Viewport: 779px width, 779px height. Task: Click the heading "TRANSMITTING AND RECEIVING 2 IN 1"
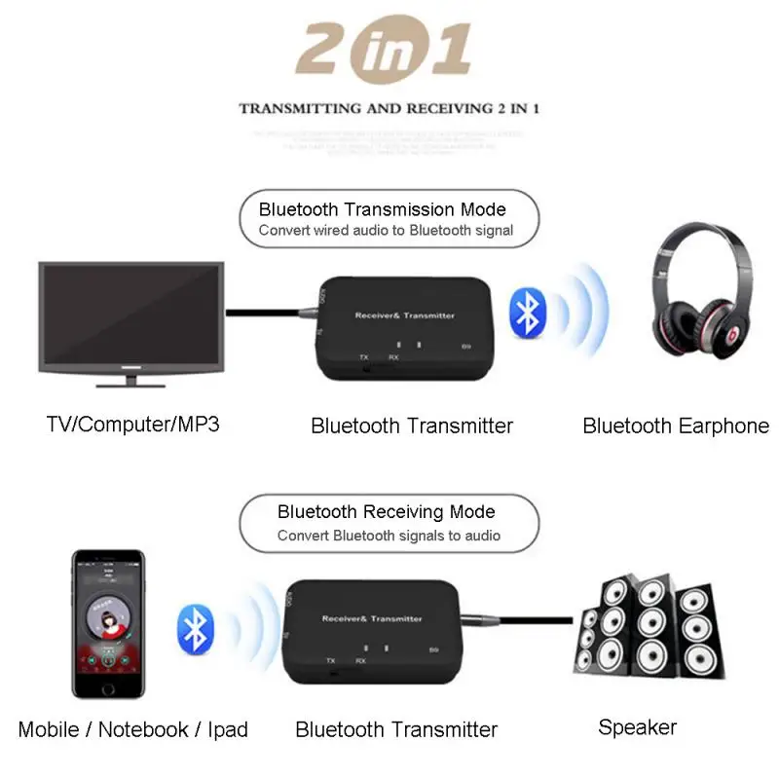(389, 108)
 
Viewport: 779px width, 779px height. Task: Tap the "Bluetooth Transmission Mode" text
(383, 209)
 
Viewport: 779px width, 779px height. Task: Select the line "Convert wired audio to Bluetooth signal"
(386, 231)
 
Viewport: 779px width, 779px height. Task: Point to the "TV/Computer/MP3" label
(132, 425)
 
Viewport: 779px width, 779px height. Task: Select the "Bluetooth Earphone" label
(676, 426)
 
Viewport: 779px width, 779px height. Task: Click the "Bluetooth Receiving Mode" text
(387, 512)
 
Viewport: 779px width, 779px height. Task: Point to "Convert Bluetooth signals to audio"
(389, 536)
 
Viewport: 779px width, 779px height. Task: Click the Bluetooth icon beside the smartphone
(195, 628)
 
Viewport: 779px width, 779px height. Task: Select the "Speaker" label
(637, 726)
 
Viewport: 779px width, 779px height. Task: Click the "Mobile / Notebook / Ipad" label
(133, 729)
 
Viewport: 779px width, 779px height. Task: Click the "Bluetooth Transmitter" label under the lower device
(396, 729)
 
